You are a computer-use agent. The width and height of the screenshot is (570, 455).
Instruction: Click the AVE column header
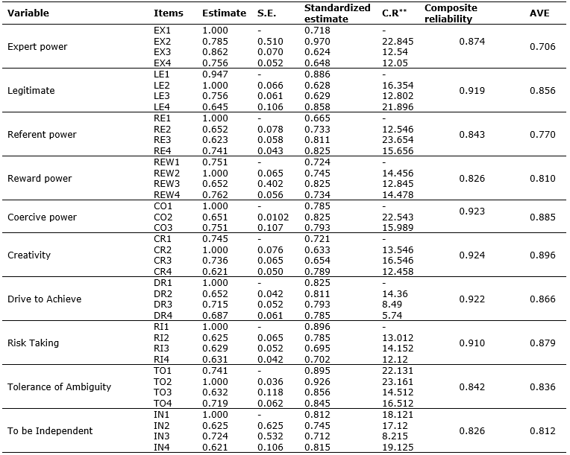pos(539,13)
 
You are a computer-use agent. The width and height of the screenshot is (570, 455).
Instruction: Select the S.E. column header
pos(266,13)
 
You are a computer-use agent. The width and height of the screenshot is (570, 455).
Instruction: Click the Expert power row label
pos(37,47)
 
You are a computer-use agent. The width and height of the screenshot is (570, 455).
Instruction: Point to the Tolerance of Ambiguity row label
pos(59,387)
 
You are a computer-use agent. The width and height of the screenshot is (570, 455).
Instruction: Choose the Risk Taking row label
pos(34,343)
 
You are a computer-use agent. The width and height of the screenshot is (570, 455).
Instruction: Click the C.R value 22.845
pos(395,41)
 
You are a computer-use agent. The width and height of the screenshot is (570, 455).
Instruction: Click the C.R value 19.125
pos(395,446)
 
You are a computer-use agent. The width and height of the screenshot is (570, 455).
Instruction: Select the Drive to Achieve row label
pos(44,299)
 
